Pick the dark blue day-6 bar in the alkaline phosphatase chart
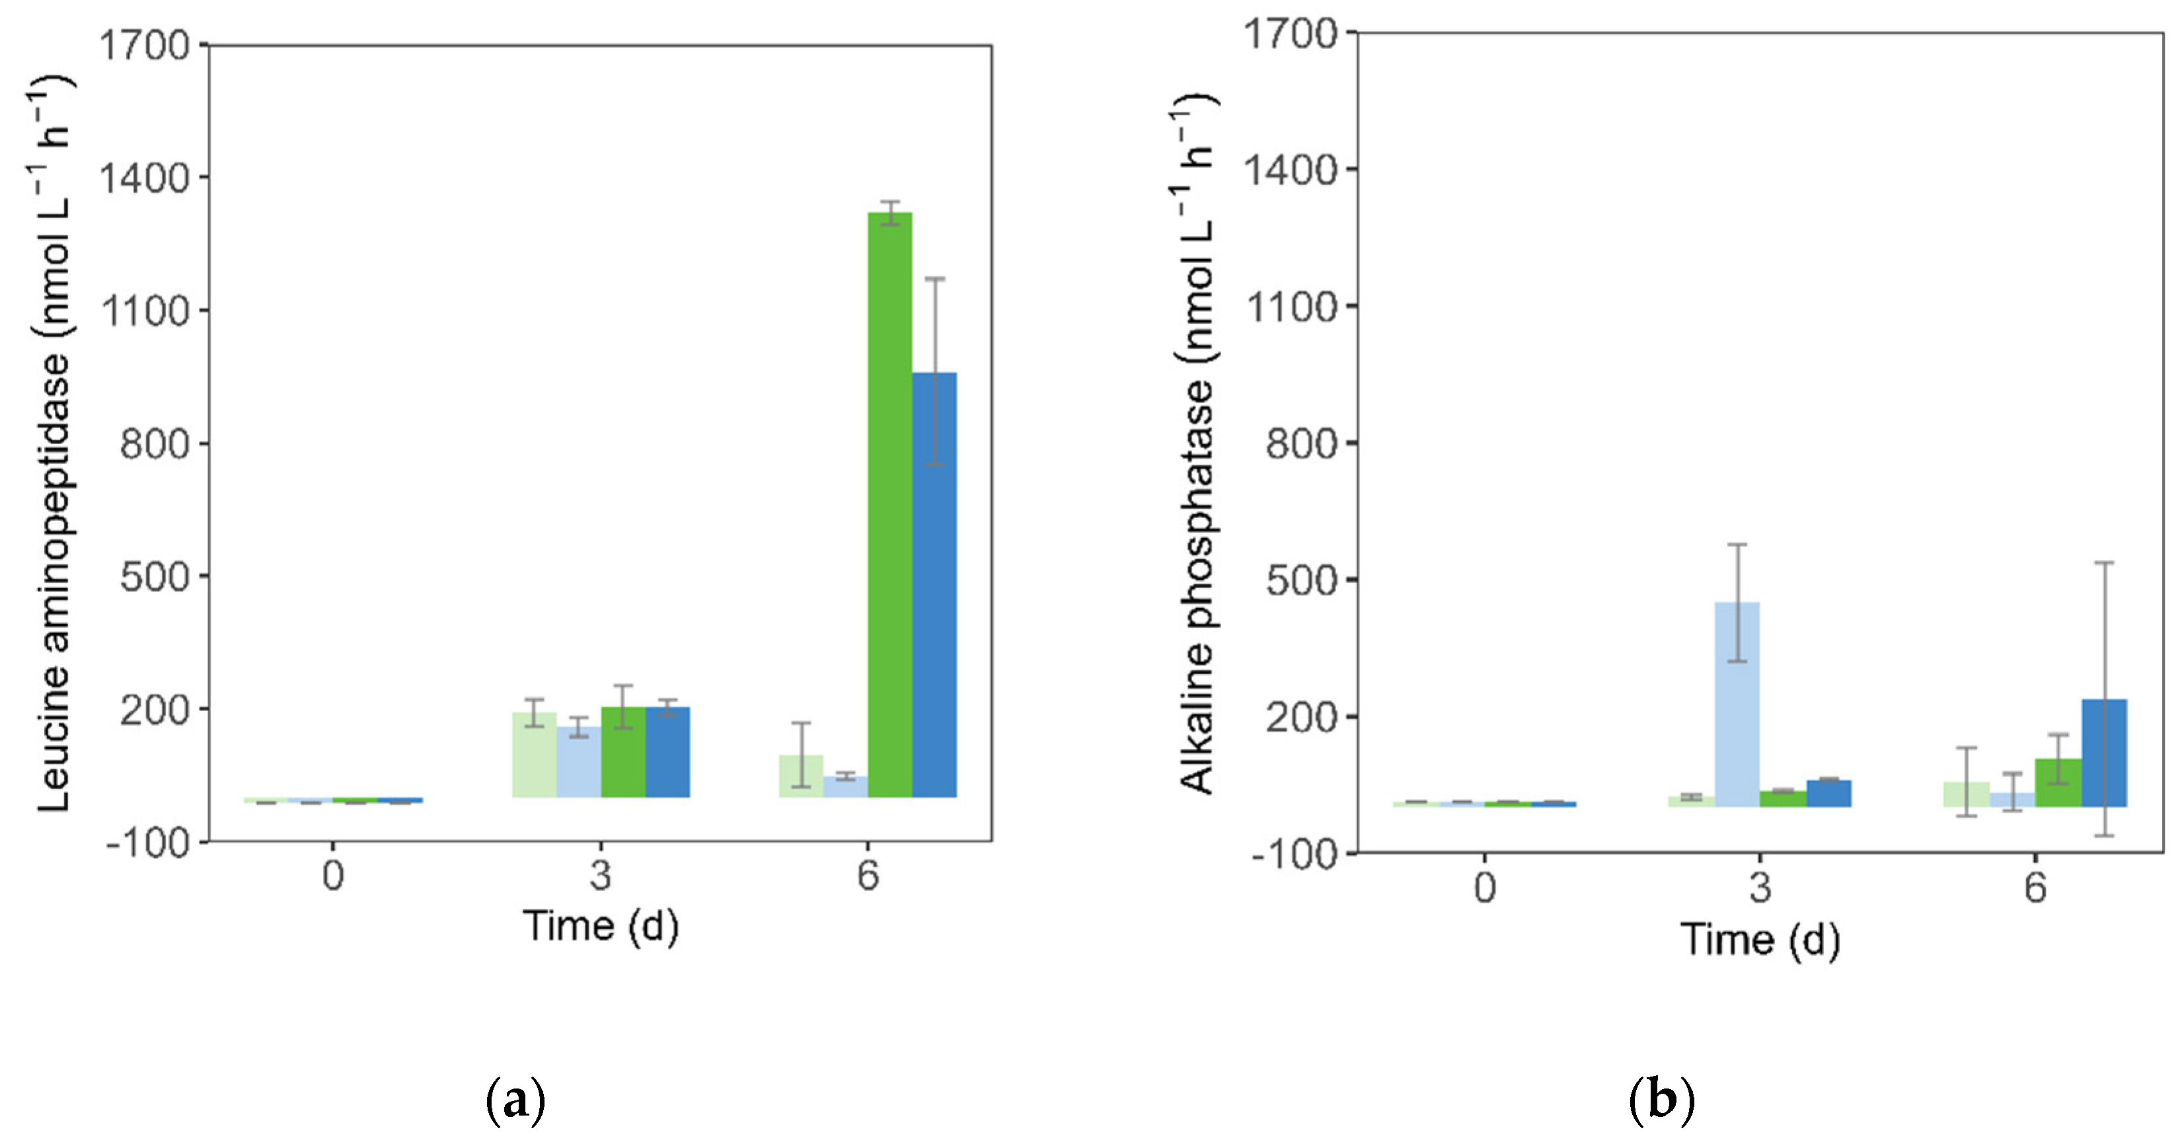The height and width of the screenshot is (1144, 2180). click(2104, 752)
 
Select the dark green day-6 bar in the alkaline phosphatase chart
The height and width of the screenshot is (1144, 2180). click(2058, 782)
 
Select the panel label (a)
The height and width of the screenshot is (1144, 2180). click(515, 1101)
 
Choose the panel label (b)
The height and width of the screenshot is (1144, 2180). click(1661, 1101)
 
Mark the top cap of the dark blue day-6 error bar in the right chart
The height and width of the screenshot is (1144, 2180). click(2104, 562)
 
